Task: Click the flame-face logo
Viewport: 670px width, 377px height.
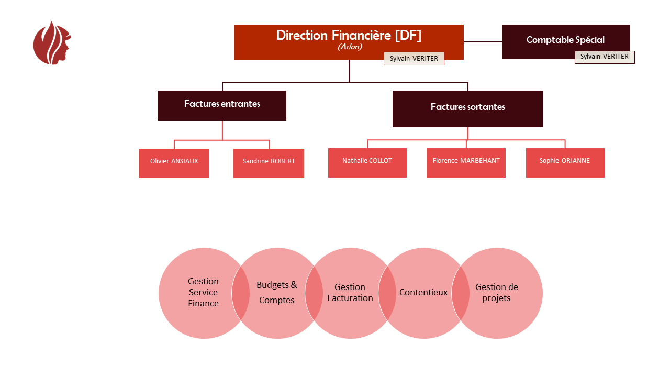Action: point(52,43)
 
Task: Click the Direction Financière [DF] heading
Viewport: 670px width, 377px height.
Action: point(349,35)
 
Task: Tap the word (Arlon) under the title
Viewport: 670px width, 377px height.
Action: point(350,47)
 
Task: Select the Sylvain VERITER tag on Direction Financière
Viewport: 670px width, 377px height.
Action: point(414,59)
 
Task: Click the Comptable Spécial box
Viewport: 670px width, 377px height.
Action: point(565,40)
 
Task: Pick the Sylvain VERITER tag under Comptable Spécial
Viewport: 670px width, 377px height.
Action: point(605,57)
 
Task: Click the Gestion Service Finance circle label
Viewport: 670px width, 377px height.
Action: point(203,292)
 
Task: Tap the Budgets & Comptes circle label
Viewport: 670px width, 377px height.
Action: point(277,292)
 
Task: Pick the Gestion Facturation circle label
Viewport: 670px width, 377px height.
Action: point(350,292)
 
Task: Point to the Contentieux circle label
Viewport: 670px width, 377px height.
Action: point(423,292)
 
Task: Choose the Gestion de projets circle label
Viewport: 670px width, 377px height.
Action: point(497,293)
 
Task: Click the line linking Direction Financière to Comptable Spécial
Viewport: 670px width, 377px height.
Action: point(483,42)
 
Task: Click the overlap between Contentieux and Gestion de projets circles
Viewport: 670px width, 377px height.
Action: point(461,293)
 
